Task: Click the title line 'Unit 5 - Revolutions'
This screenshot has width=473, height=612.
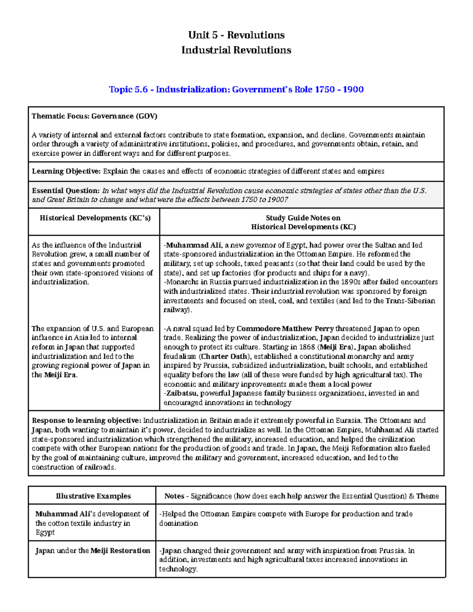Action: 236,35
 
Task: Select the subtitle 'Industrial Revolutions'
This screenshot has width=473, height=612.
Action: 236,50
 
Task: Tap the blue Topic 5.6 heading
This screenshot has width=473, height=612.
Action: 236,89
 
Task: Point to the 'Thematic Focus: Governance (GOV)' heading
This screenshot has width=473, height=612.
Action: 94,116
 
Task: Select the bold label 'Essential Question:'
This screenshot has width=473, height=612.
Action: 65,191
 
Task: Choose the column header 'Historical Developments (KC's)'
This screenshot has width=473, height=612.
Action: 95,218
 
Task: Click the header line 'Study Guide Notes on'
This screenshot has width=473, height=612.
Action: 303,218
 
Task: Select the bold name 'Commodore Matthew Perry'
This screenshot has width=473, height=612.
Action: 285,329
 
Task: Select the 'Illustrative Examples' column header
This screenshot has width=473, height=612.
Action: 93,496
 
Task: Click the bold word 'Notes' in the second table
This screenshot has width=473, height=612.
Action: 174,496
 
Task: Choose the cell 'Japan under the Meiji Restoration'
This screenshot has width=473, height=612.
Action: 93,551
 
